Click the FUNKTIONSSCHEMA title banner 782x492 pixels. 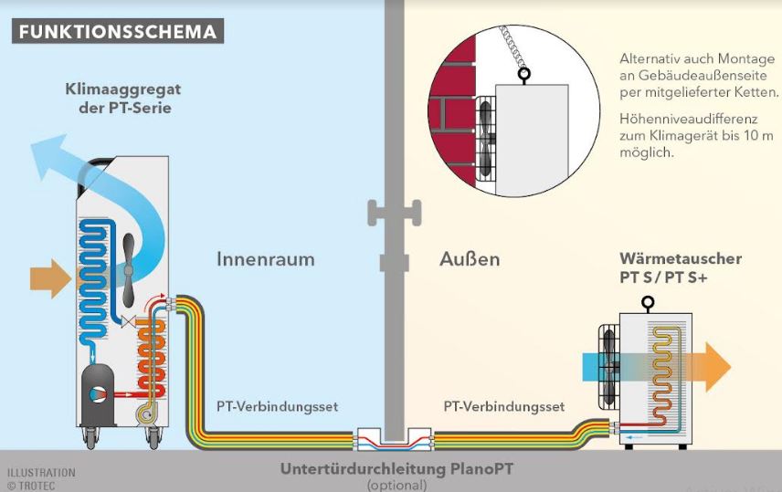[x=118, y=31]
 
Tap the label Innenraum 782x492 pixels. [x=265, y=259]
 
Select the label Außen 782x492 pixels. [x=470, y=259]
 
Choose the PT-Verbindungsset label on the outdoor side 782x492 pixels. [x=504, y=406]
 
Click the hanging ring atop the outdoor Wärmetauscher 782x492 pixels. [x=648, y=303]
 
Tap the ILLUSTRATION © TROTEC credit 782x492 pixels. [x=40, y=479]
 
